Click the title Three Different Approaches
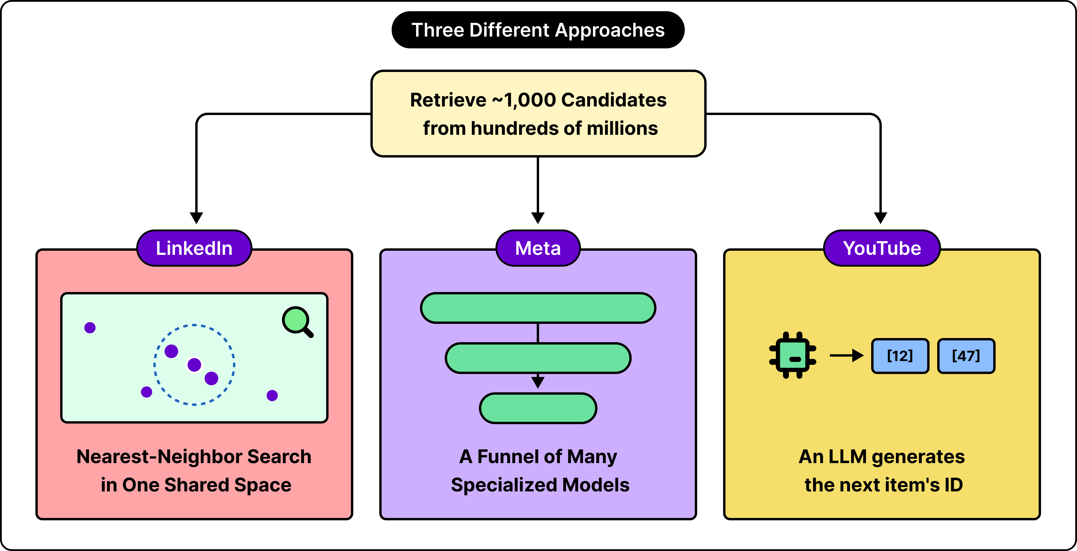pyautogui.click(x=538, y=30)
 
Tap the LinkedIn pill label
pyautogui.click(x=194, y=248)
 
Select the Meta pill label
pyautogui.click(x=538, y=248)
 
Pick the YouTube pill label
pyautogui.click(x=882, y=248)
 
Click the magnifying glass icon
pyautogui.click(x=298, y=322)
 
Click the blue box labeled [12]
pyautogui.click(x=900, y=356)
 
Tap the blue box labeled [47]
pyautogui.click(x=966, y=356)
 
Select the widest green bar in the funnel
pyautogui.click(x=538, y=308)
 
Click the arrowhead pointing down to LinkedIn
pyautogui.click(x=196, y=218)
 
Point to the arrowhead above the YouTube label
pyautogui.click(x=881, y=218)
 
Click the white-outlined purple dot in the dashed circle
pyautogui.click(x=194, y=365)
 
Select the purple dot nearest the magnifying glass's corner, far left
pyautogui.click(x=90, y=327)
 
